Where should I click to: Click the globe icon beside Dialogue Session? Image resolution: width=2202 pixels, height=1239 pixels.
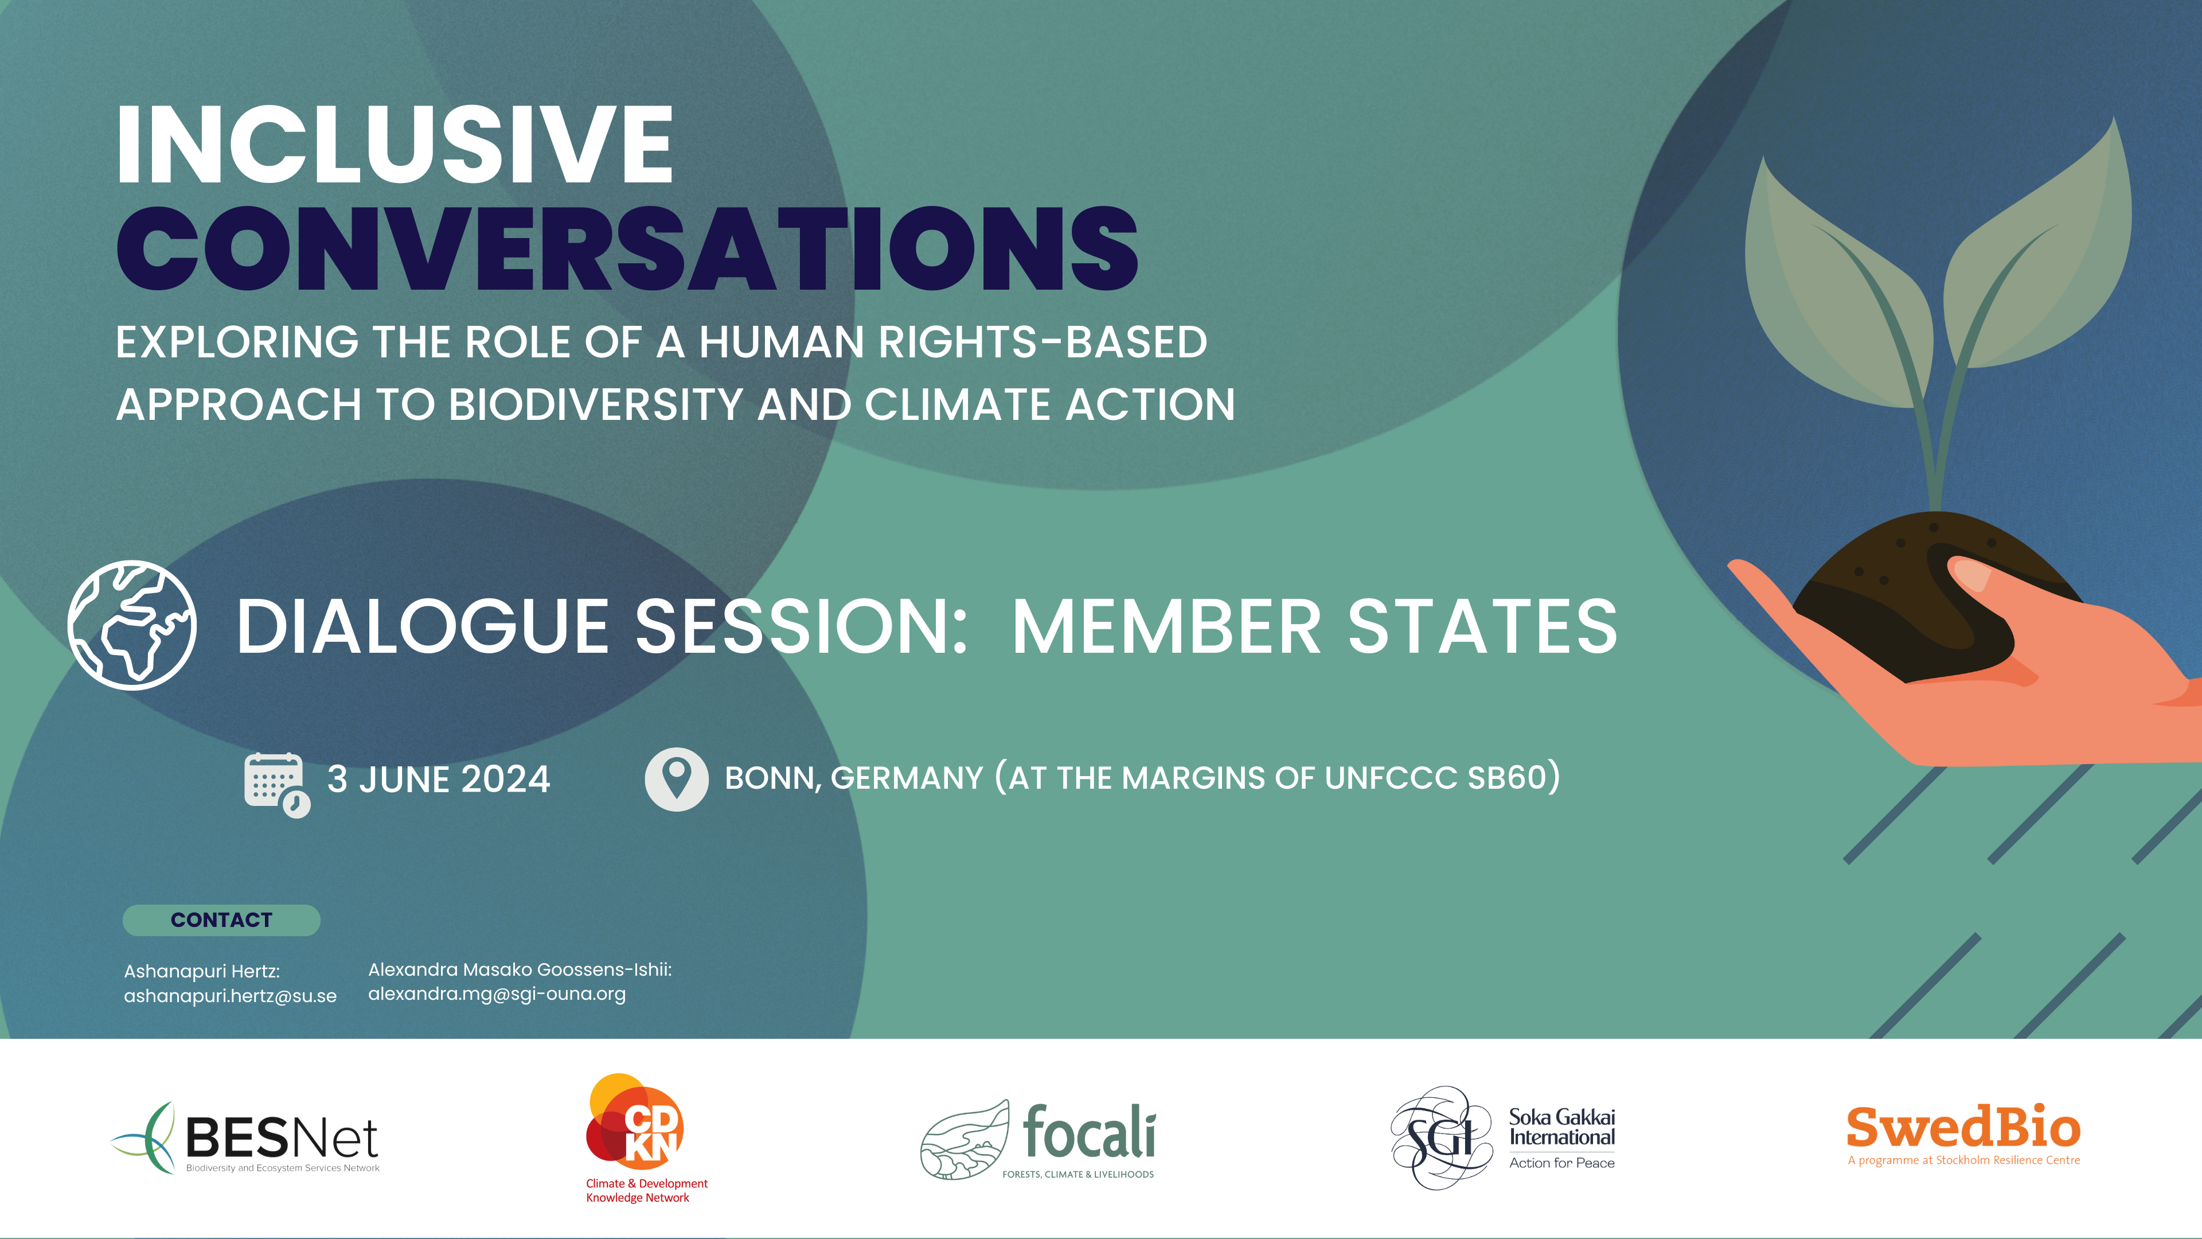[132, 625]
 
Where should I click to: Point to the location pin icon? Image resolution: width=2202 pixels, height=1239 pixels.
[676, 779]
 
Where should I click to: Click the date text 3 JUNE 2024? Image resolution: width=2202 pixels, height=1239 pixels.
[439, 779]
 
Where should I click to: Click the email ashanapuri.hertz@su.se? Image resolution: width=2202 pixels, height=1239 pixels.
[230, 996]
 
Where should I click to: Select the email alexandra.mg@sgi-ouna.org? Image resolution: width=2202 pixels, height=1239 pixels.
[497, 995]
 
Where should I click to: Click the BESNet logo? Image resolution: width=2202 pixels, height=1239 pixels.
[245, 1138]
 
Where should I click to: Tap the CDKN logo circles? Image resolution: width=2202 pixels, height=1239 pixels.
[634, 1121]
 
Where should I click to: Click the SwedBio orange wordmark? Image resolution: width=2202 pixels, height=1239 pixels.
[1963, 1127]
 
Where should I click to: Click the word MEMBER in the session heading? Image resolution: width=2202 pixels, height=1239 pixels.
[1167, 627]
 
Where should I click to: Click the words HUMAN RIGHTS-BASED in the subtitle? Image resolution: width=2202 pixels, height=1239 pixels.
[953, 342]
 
